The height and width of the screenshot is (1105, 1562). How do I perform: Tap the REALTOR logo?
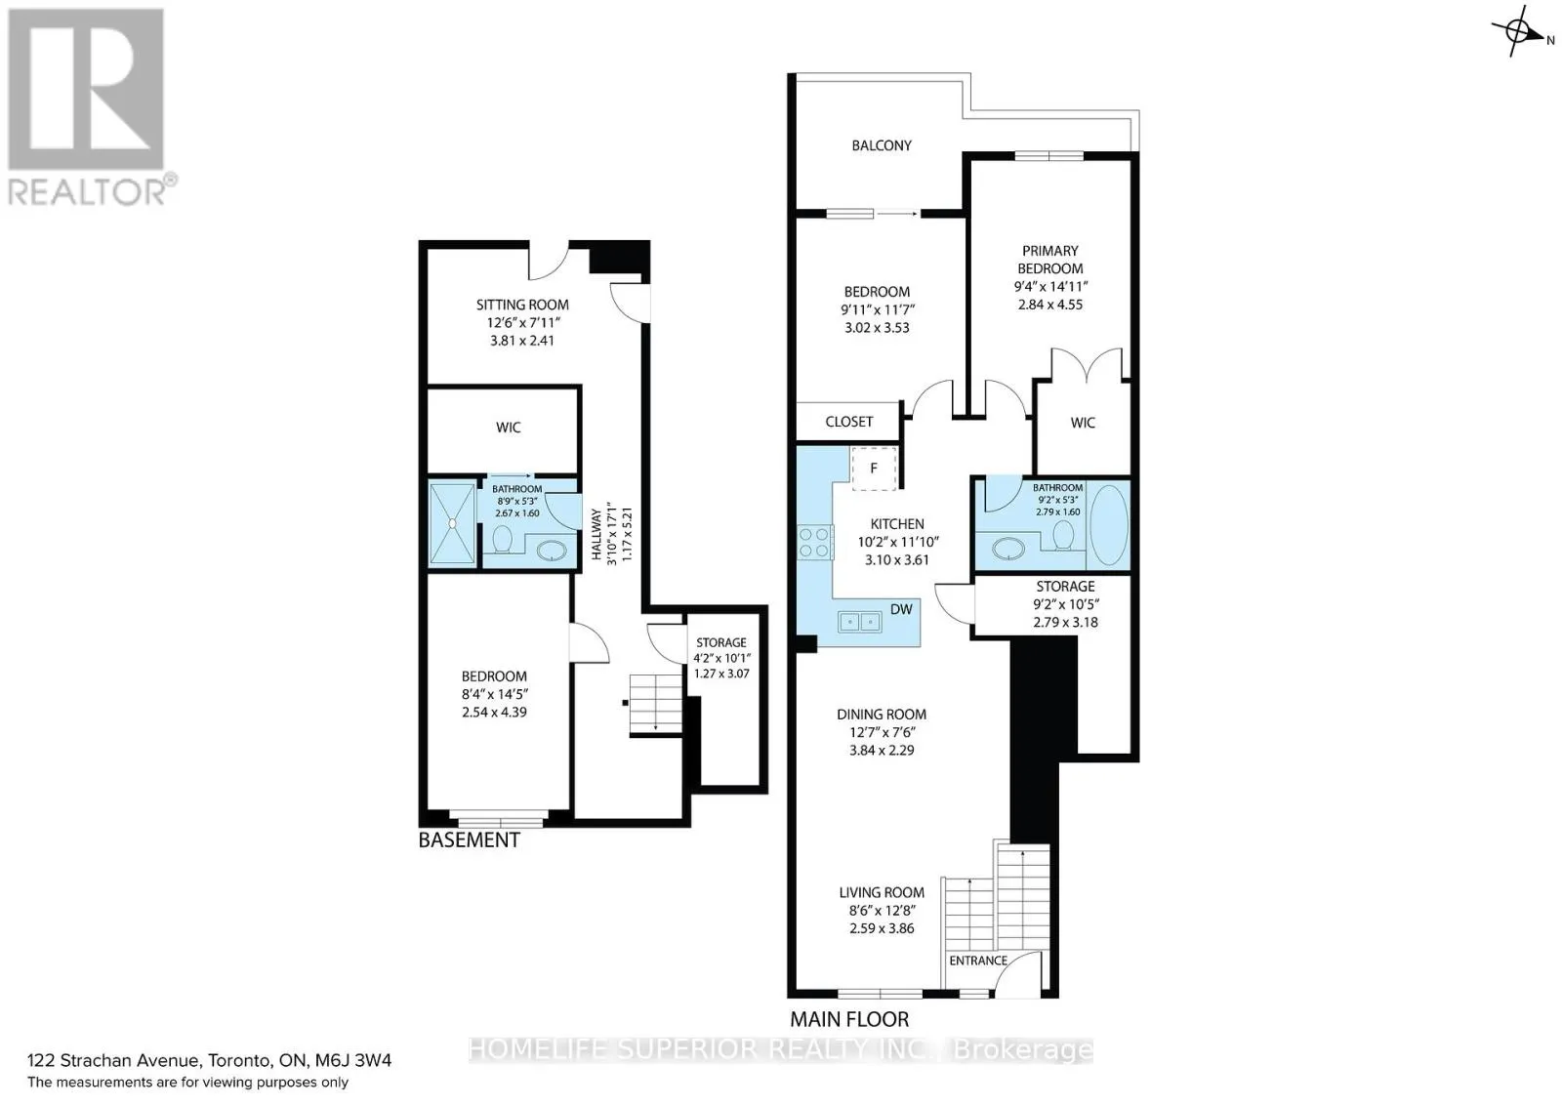pyautogui.click(x=91, y=107)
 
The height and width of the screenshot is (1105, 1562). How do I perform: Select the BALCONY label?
pyautogui.click(x=882, y=145)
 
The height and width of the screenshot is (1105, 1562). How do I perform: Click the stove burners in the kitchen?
pyautogui.click(x=815, y=543)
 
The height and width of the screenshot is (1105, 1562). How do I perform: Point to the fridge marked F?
pyautogui.click(x=874, y=469)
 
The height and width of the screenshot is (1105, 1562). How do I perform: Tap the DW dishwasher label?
pyautogui.click(x=901, y=609)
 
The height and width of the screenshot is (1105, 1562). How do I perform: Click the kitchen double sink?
pyautogui.click(x=859, y=621)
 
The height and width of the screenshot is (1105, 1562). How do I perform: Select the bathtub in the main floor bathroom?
pyautogui.click(x=1109, y=525)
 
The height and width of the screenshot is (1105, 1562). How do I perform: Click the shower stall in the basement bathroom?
pyautogui.click(x=453, y=523)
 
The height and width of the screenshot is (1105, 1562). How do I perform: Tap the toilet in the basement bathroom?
pyautogui.click(x=502, y=538)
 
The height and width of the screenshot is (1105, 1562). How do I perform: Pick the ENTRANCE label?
pyautogui.click(x=977, y=961)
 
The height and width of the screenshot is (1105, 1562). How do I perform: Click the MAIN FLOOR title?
pyautogui.click(x=849, y=1019)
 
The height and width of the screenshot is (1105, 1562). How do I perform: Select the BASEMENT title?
pyautogui.click(x=470, y=840)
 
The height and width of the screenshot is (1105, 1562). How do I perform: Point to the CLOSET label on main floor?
pyautogui.click(x=848, y=422)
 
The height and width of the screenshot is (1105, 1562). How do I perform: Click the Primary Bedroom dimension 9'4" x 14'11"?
pyautogui.click(x=1050, y=287)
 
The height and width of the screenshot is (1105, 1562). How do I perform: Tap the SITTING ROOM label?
pyautogui.click(x=522, y=305)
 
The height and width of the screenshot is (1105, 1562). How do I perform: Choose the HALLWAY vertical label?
pyautogui.click(x=596, y=535)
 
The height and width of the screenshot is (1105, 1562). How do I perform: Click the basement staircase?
pyautogui.click(x=655, y=704)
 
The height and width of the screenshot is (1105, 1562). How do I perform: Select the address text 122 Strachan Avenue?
pyautogui.click(x=115, y=1060)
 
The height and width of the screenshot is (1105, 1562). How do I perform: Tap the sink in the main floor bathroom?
pyautogui.click(x=1007, y=548)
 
